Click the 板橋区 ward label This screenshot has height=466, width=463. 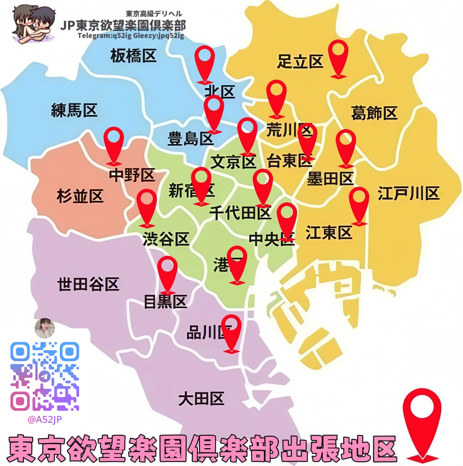pos(134,56)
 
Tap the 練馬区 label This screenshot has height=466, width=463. pos(74,110)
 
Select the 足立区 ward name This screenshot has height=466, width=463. pos(300,62)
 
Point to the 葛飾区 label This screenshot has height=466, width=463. pos(374,113)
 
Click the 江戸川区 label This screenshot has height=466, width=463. pos(408,193)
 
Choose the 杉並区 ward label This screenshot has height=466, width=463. pos(80,196)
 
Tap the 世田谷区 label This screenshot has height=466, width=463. pos(88,284)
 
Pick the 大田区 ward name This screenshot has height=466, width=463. pos(201,399)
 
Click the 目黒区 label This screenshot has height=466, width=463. pos(165,302)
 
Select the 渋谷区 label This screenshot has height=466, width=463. pos(166,239)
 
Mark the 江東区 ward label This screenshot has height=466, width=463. pos(329,233)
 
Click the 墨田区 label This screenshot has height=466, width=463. pos(330,179)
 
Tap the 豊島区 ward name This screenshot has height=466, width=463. pos(190,139)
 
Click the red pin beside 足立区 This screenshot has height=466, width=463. pos(339,58)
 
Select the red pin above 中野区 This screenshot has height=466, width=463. pos(114,145)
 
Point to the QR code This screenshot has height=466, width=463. pos(44,376)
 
